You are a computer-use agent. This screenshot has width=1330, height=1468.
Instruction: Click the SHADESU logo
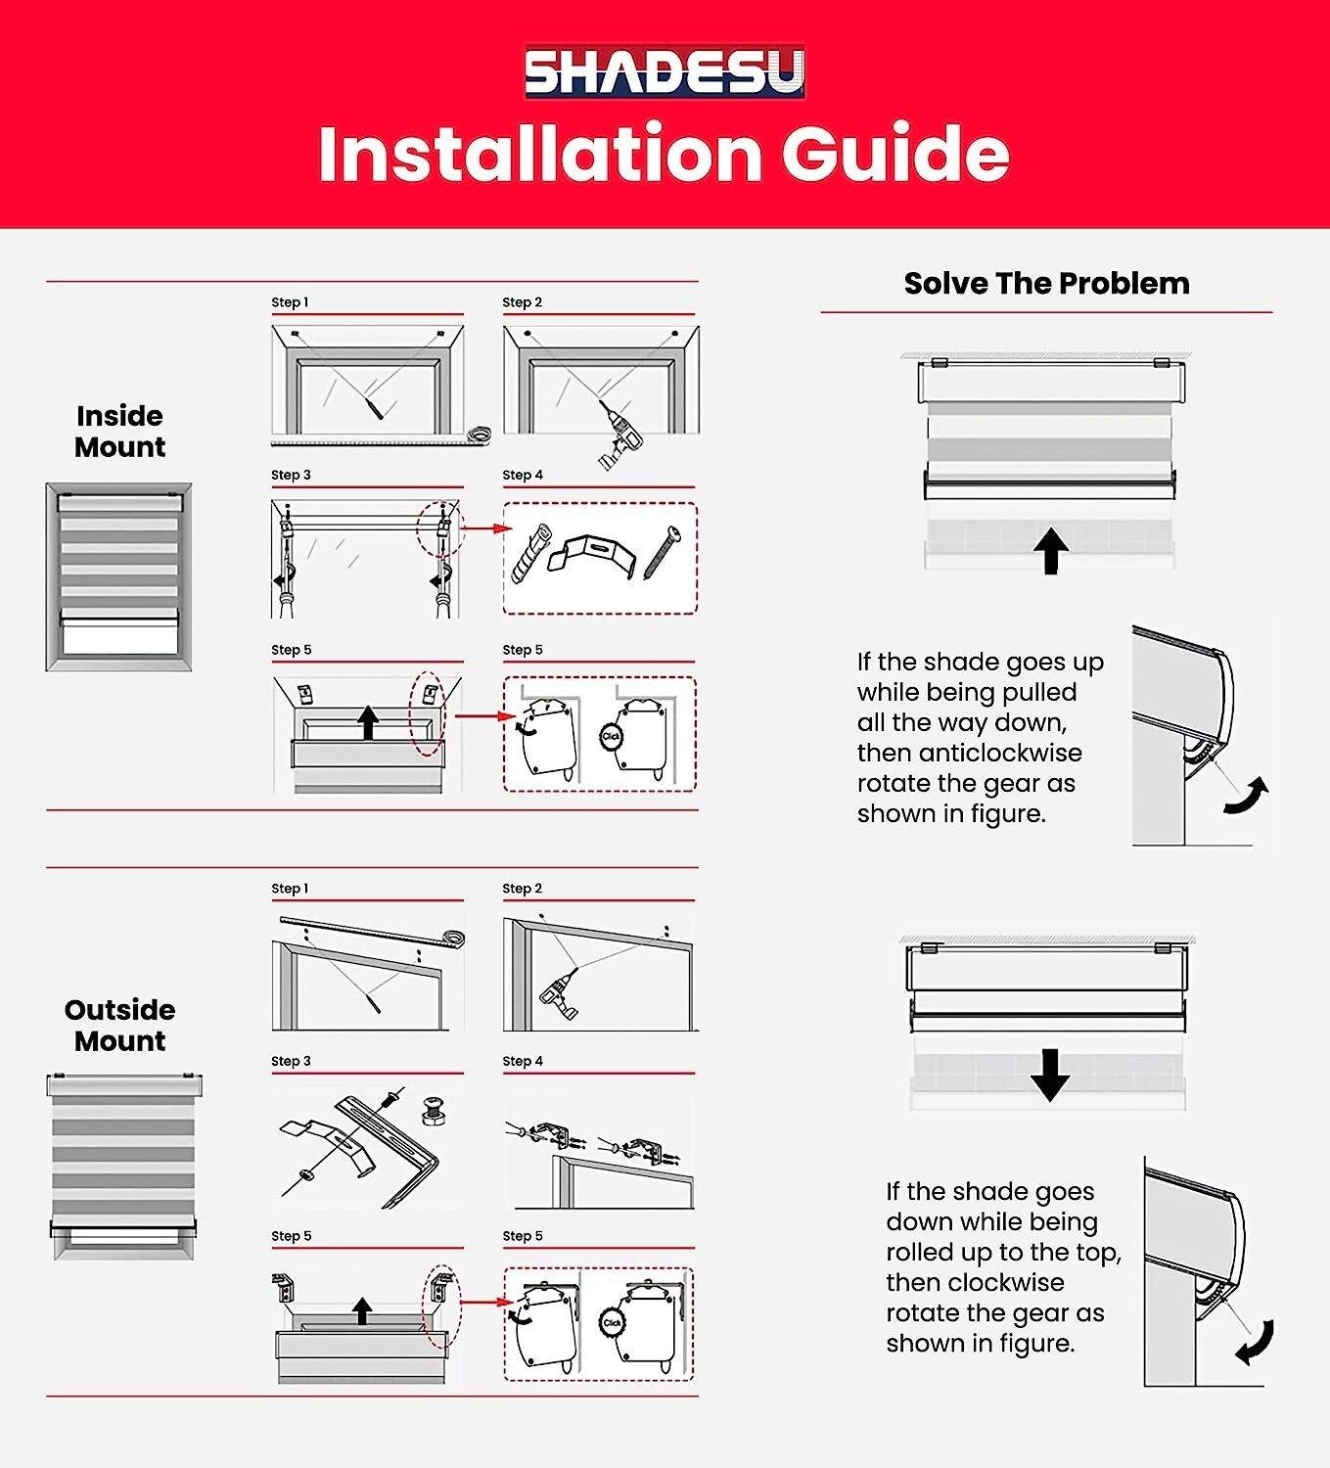(x=665, y=71)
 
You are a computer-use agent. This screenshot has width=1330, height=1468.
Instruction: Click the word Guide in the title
(x=895, y=153)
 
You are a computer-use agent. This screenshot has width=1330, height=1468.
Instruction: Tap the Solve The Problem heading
(x=1047, y=283)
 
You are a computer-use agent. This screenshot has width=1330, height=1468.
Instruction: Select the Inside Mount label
(x=120, y=431)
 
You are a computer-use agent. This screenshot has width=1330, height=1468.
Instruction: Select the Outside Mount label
(x=120, y=1026)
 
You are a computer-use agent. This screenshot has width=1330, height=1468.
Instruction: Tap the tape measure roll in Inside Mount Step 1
(x=479, y=436)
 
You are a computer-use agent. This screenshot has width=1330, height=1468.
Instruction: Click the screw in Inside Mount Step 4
(x=663, y=553)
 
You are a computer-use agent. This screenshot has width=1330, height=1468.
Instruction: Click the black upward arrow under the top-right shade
(x=1051, y=551)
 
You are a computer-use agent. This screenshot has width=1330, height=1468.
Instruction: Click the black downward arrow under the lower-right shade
(x=1050, y=1075)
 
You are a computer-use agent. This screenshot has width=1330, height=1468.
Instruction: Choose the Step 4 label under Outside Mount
(x=523, y=1060)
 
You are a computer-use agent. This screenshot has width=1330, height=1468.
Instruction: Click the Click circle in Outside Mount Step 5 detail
(x=612, y=1322)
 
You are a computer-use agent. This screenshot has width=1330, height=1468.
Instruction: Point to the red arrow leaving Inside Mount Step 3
(x=487, y=528)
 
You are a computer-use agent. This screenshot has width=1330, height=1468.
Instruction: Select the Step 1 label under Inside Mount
(x=290, y=302)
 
